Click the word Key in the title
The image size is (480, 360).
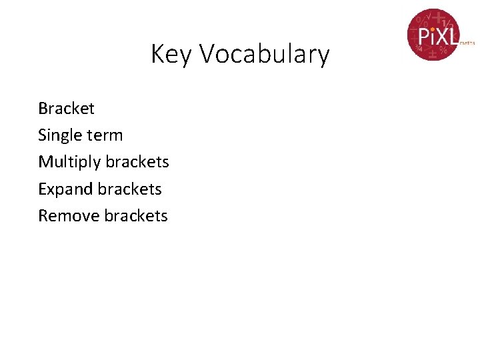[172, 54]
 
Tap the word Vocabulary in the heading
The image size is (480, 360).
[265, 54]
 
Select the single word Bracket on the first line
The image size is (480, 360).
[66, 108]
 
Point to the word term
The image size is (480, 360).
[105, 135]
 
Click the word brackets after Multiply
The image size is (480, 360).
[137, 162]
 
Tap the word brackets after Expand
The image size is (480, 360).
[129, 189]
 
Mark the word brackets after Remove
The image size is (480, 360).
[136, 216]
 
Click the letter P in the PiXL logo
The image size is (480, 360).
[423, 36]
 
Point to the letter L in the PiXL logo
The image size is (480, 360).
[452, 36]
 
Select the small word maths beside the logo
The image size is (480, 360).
[467, 42]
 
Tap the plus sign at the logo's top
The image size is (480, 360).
[438, 17]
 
